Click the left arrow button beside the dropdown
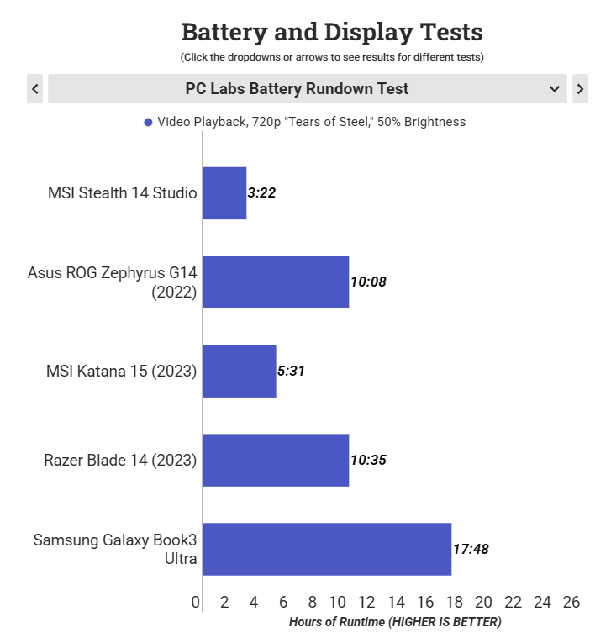[34, 89]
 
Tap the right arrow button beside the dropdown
[580, 89]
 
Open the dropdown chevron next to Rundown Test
[554, 89]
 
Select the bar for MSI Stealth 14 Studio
[224, 193]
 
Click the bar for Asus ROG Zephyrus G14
[276, 282]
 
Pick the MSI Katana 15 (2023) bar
[240, 372]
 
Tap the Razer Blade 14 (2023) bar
[276, 461]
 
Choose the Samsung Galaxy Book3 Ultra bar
[327, 550]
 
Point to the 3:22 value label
[261, 193]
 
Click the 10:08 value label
[368, 282]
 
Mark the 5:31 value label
[291, 372]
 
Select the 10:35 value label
[368, 461]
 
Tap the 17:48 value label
[471, 550]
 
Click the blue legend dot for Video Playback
[149, 123]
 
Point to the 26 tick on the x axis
[571, 603]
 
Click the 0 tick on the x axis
[196, 603]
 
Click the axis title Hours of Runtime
[395, 623]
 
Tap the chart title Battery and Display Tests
[332, 33]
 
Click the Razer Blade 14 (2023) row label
[120, 461]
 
